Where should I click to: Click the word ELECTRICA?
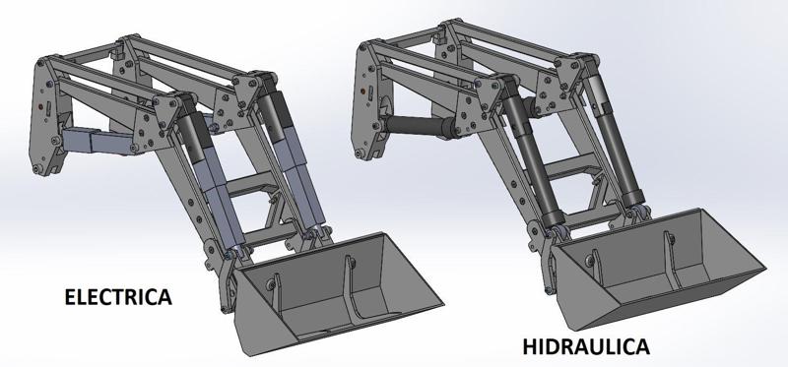[118, 297]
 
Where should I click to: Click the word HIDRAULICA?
[585, 347]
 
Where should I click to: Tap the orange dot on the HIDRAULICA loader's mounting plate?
[362, 91]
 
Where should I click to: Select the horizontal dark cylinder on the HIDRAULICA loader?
[418, 125]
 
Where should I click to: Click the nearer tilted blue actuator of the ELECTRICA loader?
[213, 178]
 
